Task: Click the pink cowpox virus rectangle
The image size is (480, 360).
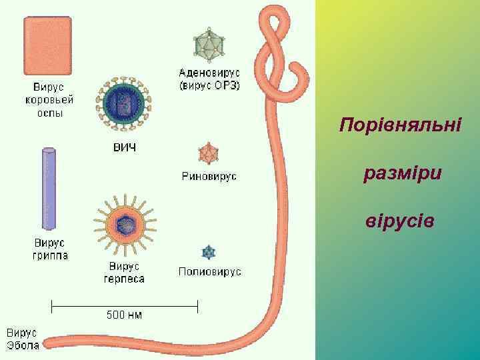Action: click(x=47, y=45)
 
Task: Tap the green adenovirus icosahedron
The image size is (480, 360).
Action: click(x=209, y=44)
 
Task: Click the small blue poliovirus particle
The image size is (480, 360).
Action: click(x=209, y=252)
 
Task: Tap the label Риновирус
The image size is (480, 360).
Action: click(x=209, y=177)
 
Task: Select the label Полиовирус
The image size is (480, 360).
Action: click(x=209, y=272)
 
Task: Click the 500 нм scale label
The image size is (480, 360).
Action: click(x=124, y=315)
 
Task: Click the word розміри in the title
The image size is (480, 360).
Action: click(x=403, y=174)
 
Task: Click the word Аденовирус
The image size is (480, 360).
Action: click(x=209, y=73)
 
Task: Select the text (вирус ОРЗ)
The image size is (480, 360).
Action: click(x=209, y=85)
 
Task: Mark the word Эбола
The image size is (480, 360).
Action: click(x=23, y=345)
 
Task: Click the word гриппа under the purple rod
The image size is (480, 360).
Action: click(x=50, y=255)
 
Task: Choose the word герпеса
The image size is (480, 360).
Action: click(x=124, y=279)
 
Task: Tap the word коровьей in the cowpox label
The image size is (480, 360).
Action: click(x=49, y=100)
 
